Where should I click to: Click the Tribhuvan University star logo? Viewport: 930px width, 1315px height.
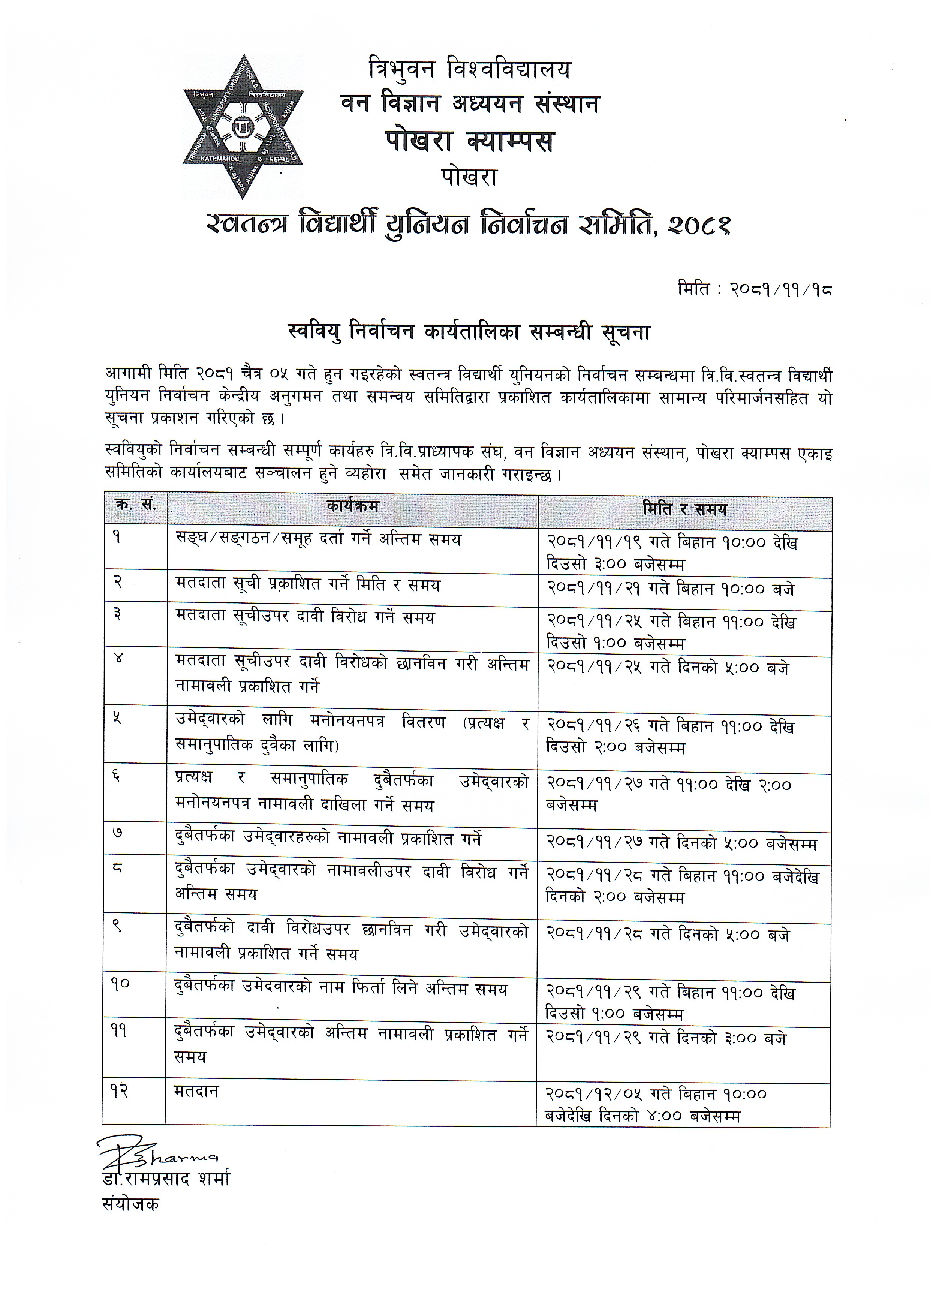coord(243,127)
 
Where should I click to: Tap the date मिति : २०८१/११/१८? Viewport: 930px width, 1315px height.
coord(754,290)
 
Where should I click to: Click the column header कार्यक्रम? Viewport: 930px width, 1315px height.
coord(353,507)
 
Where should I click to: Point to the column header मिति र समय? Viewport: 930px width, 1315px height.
coord(684,509)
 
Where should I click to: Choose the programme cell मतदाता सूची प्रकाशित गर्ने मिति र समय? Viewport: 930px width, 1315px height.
coord(307,585)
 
